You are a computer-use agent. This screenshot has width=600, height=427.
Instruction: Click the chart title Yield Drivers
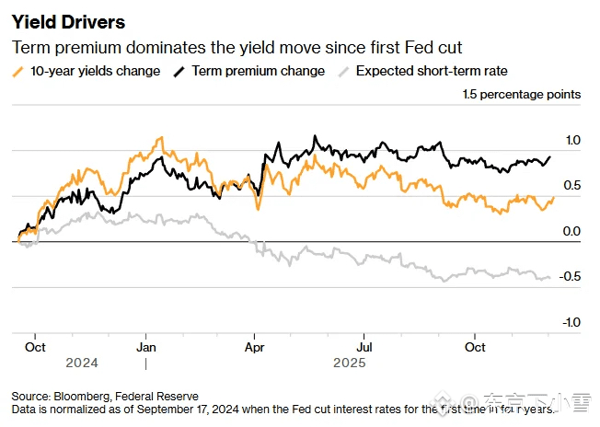(x=68, y=20)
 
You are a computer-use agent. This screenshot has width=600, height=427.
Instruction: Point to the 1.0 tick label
(x=572, y=140)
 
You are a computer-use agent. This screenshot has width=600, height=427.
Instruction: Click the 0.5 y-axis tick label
(x=572, y=186)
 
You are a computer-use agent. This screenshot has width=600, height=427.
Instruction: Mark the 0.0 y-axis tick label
(x=572, y=231)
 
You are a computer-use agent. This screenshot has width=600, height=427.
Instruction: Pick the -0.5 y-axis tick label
(x=571, y=277)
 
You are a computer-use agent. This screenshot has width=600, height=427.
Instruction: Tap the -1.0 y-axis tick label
(x=571, y=322)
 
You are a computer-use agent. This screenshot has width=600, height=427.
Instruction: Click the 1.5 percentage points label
(x=521, y=95)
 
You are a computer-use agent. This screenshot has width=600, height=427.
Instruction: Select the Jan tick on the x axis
(x=145, y=348)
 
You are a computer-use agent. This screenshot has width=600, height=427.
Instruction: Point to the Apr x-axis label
(x=255, y=348)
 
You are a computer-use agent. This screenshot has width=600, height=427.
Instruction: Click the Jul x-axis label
(x=364, y=348)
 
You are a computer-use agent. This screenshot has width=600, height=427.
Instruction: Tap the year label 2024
(x=81, y=363)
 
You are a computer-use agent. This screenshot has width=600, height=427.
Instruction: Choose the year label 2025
(x=349, y=363)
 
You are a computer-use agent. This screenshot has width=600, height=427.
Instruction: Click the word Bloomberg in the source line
(x=82, y=395)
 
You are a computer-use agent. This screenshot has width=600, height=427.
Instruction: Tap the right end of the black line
(x=550, y=156)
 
